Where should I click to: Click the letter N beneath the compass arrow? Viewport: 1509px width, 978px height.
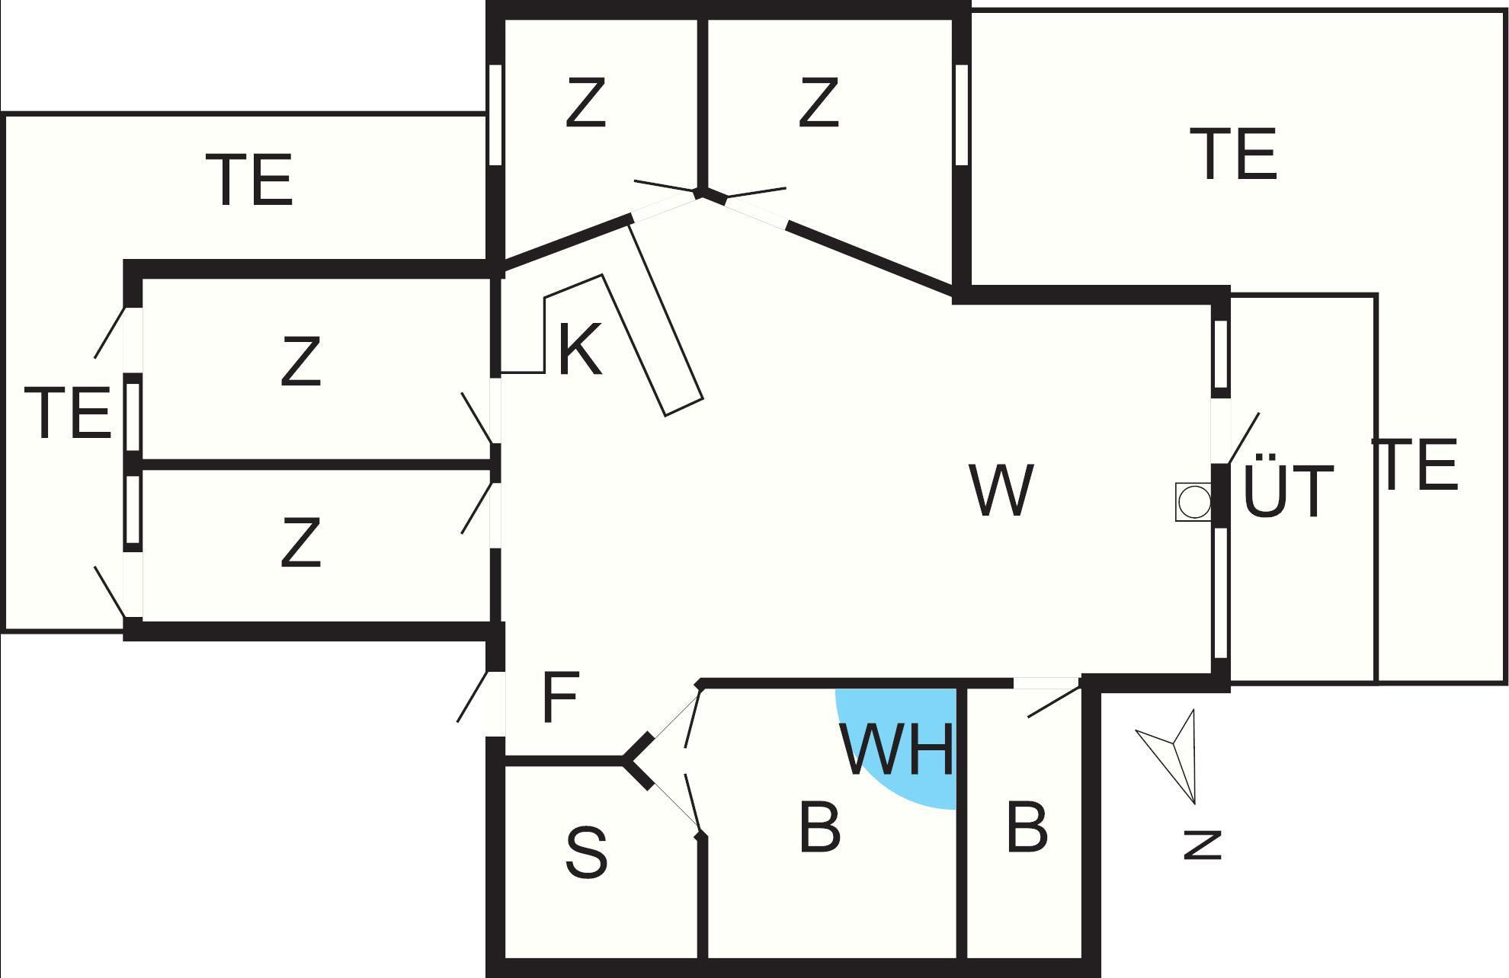[x=1202, y=844]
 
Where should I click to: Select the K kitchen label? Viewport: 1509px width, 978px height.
[x=580, y=350]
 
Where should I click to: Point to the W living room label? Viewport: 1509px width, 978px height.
[x=1001, y=490]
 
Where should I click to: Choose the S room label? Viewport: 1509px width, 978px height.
[x=586, y=852]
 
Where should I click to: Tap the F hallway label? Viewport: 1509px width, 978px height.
[x=561, y=698]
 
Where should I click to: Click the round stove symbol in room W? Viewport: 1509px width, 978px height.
[x=1193, y=503]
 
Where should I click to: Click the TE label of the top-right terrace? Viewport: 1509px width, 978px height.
[x=1238, y=155]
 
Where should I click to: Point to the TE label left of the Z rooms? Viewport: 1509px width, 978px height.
[x=68, y=413]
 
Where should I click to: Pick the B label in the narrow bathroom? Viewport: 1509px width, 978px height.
[x=1027, y=826]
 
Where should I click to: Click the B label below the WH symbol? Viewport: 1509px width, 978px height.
[x=819, y=826]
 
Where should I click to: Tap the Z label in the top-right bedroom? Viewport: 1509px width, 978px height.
[x=819, y=103]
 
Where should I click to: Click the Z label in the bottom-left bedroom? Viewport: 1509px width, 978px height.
[x=300, y=543]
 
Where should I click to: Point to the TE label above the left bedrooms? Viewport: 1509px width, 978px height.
[x=249, y=180]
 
